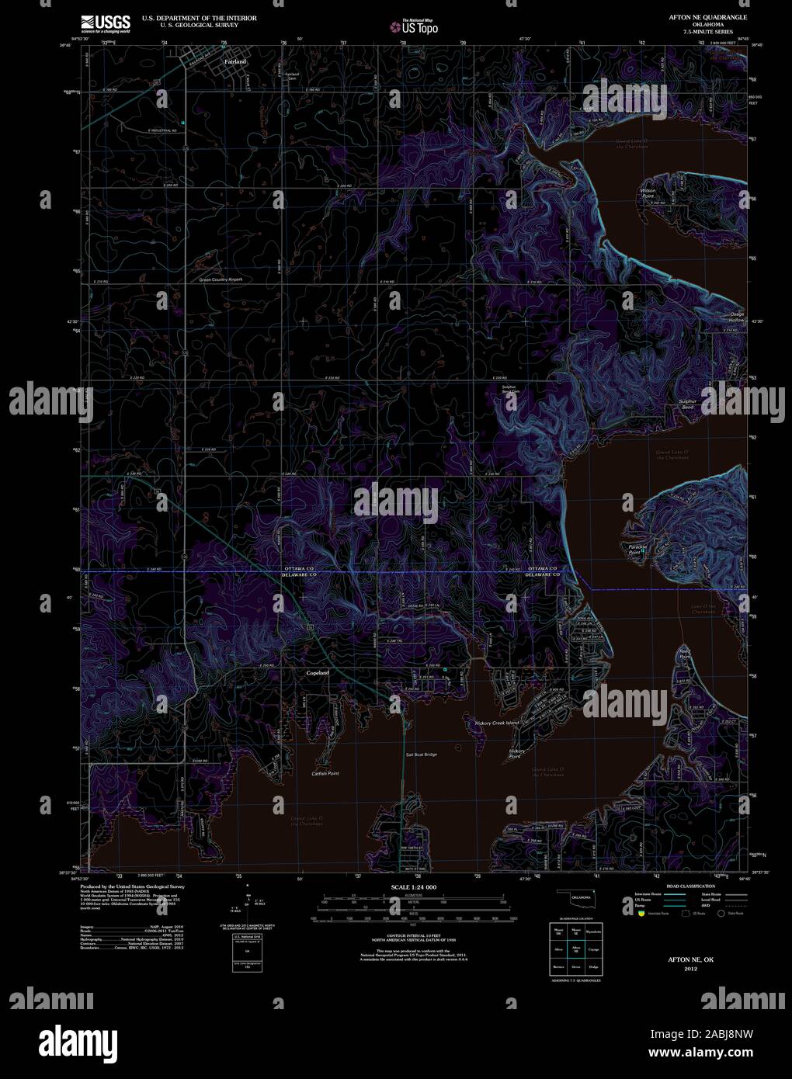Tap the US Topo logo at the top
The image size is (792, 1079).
[x=415, y=26]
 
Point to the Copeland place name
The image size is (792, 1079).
[x=318, y=673]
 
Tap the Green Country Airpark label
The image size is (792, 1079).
[x=221, y=279]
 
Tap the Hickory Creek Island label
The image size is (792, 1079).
[x=497, y=723]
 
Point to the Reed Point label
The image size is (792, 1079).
[x=685, y=654]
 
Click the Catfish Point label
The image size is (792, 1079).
[x=325, y=774]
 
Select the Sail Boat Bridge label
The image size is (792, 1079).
[x=421, y=755]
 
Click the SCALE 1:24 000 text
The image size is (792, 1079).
[x=413, y=886]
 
